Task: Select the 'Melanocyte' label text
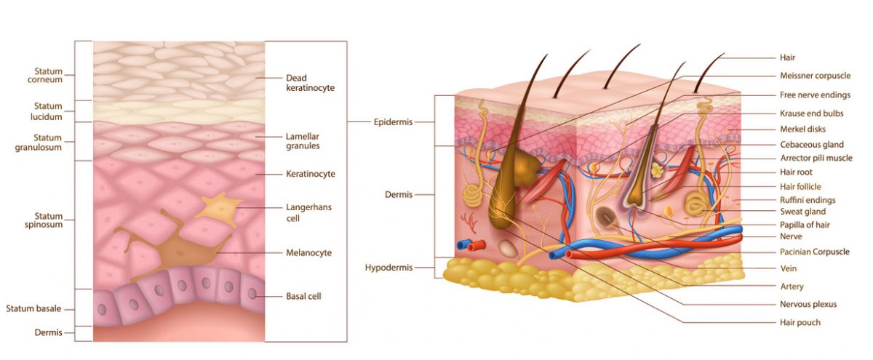pos(308,253)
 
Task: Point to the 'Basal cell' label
pos(304,296)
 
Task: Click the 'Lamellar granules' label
pos(303,141)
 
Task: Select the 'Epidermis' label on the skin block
pos(393,122)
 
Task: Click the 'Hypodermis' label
pos(388,268)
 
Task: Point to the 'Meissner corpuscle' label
pos(816,76)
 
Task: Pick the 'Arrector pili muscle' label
pos(816,158)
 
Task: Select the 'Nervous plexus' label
pos(808,304)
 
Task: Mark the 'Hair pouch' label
pos(800,322)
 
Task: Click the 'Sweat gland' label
pos(803,211)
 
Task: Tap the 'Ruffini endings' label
pos(808,199)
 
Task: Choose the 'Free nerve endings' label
pos(815,95)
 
